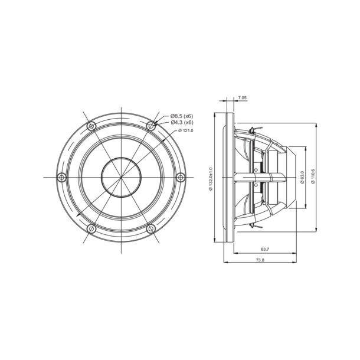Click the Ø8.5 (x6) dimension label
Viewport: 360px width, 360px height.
[182, 116]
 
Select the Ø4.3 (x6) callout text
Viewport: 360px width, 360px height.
[182, 123]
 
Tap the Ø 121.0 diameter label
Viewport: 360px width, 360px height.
[185, 130]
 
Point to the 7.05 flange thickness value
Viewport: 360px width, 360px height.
[242, 98]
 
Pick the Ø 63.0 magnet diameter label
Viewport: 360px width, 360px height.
[302, 177]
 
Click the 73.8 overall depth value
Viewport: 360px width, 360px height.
[260, 260]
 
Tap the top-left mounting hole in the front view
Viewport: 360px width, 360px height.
[90, 126]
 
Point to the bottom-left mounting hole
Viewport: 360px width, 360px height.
[90, 228]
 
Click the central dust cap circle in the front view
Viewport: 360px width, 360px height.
[121, 177]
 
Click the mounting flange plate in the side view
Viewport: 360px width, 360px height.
[228, 177]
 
